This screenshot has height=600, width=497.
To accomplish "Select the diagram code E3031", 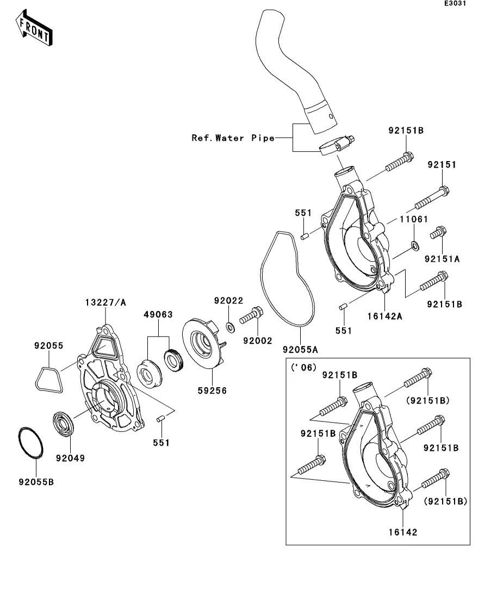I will point(455,4).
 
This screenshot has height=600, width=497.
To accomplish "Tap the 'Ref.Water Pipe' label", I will point(233,138).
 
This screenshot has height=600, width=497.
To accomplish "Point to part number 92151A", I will point(442,259).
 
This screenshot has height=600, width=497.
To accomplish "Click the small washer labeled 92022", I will point(230,326).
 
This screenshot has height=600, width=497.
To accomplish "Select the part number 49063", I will point(158,314).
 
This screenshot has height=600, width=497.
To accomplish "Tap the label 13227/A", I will point(105,302).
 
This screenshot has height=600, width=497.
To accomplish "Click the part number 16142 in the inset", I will point(403,532).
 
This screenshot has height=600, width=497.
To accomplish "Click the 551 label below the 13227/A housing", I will point(161,443).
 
